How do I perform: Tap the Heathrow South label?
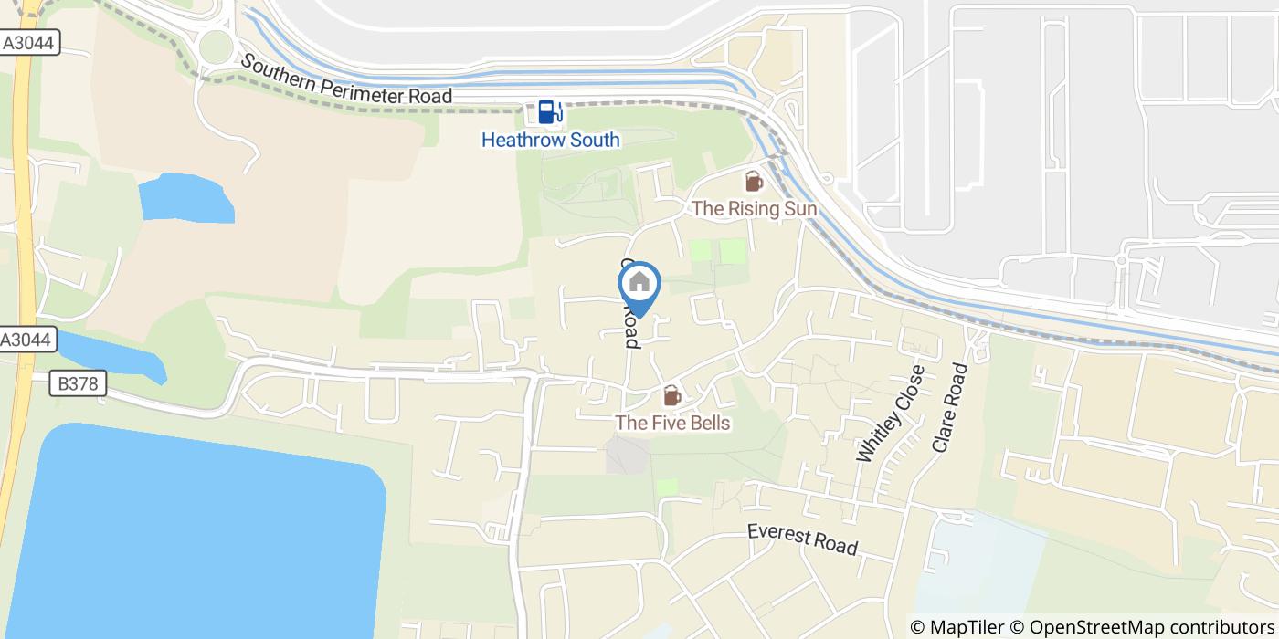(550, 140)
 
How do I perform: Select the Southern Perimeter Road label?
(346, 79)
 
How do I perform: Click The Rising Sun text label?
(754, 208)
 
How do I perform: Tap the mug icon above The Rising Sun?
(754, 182)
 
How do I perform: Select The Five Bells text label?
(672, 423)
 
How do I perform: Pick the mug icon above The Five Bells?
(671, 396)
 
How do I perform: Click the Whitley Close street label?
(890, 414)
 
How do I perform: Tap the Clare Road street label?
(949, 408)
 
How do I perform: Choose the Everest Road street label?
(802, 539)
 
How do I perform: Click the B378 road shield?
(78, 384)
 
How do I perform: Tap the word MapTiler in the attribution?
(966, 627)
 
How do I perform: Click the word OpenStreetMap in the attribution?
(1090, 627)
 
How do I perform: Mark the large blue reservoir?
(192, 539)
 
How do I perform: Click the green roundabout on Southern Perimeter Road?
(217, 46)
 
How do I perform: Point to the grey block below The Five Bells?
(628, 455)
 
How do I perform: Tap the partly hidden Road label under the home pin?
(631, 330)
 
